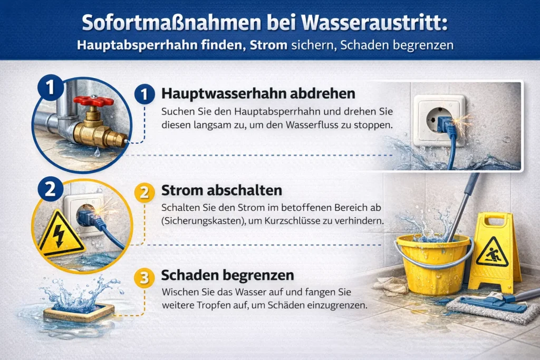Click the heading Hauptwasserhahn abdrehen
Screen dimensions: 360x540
point(258,93)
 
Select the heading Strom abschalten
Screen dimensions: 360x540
point(222,190)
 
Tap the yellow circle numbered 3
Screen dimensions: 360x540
point(144,277)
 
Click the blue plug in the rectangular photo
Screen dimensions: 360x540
point(443,124)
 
